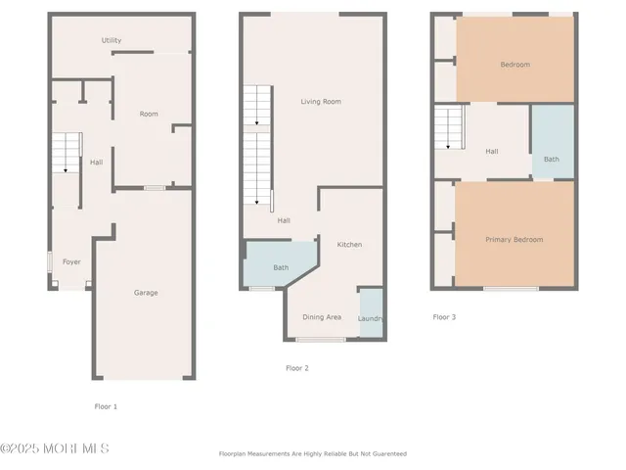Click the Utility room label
(x=112, y=40)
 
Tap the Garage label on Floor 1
(x=146, y=293)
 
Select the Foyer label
(x=71, y=261)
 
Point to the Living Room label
(x=320, y=102)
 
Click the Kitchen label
(x=349, y=244)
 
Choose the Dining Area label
(x=322, y=317)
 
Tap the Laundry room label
(x=371, y=318)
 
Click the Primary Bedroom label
(x=514, y=239)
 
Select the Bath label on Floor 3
(x=552, y=159)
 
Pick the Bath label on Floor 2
(x=281, y=267)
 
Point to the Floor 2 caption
(x=296, y=368)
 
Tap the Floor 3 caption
(x=444, y=317)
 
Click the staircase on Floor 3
(x=448, y=128)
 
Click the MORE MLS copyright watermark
(x=55, y=448)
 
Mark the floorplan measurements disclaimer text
(x=312, y=454)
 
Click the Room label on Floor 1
(x=149, y=115)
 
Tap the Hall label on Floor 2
(x=284, y=220)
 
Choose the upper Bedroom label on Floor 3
(x=514, y=65)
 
